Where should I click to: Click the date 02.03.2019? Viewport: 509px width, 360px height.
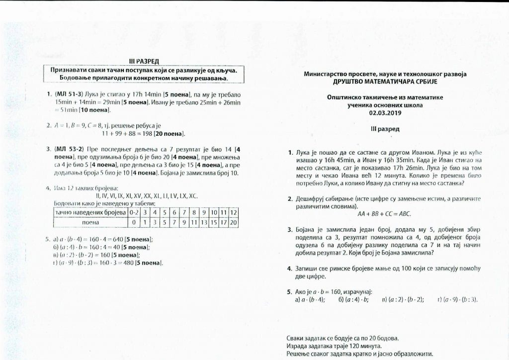click(385, 112)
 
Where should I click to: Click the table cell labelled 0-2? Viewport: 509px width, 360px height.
click(133, 212)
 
